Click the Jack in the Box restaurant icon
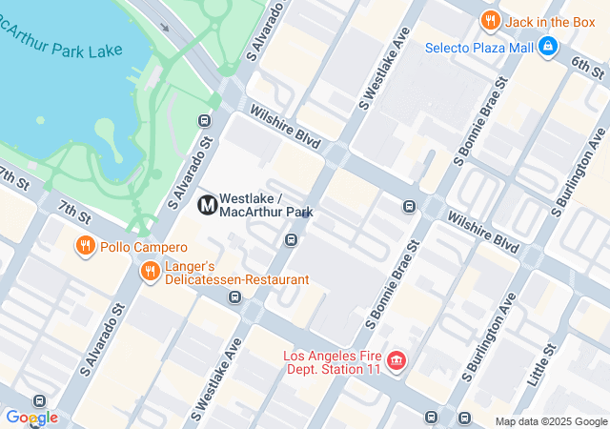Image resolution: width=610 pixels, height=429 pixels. point(491,20)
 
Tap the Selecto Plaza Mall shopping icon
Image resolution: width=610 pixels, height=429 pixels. point(547,46)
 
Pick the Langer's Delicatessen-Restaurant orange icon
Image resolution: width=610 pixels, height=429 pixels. point(150,273)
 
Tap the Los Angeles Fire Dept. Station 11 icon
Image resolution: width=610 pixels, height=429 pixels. point(396,362)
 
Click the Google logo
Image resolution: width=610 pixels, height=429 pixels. point(31,418)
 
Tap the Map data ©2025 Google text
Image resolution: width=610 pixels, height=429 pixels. point(550,421)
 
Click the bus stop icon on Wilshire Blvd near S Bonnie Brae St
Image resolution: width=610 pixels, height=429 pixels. point(409,206)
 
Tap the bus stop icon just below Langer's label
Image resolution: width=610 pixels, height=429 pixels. point(234,297)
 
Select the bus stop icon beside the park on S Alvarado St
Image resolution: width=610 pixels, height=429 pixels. point(203,120)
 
